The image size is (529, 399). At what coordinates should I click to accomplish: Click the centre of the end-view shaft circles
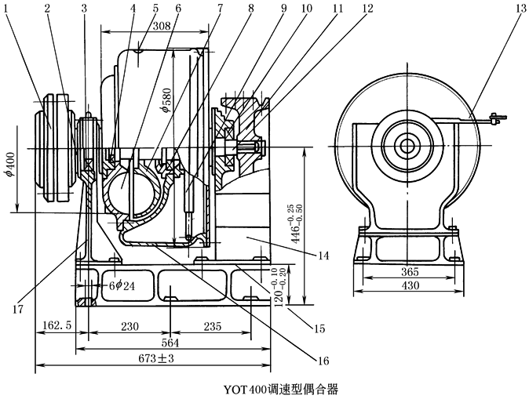pyautogui.click(x=407, y=146)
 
